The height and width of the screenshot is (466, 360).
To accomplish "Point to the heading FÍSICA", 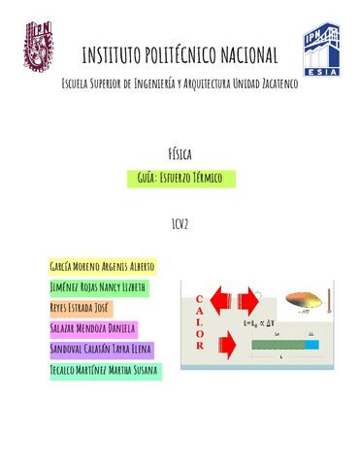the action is [x=180, y=153].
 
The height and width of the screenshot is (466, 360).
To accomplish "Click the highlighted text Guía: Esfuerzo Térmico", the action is [x=180, y=178].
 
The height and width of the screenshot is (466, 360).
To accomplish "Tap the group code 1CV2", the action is [x=180, y=224].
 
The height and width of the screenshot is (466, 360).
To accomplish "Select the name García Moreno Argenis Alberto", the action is [x=101, y=266].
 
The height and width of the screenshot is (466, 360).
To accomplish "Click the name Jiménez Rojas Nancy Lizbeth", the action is [x=98, y=287].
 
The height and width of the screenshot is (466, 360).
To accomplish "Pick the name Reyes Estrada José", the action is [x=81, y=309].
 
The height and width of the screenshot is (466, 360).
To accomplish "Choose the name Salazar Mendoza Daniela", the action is [x=92, y=329].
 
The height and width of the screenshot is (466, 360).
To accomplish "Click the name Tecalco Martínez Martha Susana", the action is [x=104, y=371].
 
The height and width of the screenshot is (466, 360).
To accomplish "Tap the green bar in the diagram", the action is [x=278, y=344].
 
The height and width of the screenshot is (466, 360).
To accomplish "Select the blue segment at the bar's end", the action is [x=311, y=344].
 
